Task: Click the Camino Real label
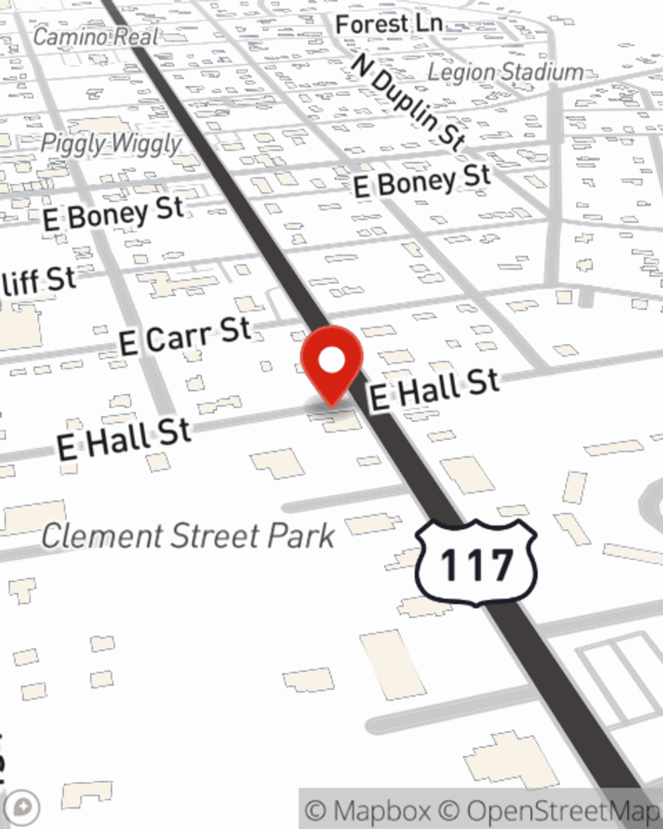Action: pos(95,37)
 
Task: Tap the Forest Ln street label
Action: pos(389,25)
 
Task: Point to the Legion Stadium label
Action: pos(505,72)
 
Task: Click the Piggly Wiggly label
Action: pos(111,143)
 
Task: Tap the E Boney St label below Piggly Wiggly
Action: pos(113,214)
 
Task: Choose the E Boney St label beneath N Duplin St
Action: pos(422,181)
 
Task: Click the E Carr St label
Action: pos(185,336)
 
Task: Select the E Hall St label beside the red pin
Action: pos(434,390)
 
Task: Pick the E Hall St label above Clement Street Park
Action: pos(124,439)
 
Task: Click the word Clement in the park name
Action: pos(103,536)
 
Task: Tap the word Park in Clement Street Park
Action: pos(302,536)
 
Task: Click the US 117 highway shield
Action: pos(476,562)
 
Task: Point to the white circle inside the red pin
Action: pos(331,361)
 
